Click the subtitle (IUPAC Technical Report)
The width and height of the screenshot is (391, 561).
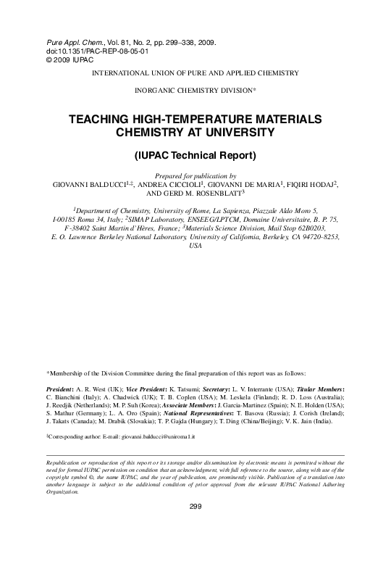pos(195,156)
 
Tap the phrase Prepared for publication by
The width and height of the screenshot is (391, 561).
pos(195,175)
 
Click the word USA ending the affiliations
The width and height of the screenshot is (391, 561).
pos(195,246)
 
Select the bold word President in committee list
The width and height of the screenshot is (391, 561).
pos(62,389)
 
